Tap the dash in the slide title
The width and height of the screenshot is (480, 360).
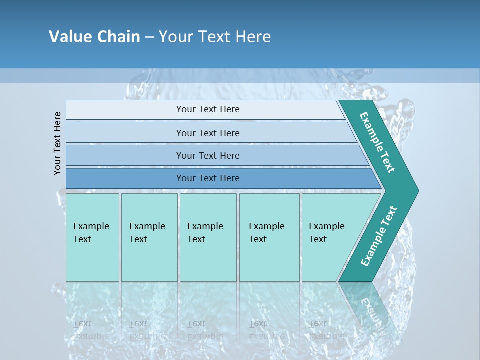[149, 37]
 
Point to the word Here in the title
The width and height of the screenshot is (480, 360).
[253, 37]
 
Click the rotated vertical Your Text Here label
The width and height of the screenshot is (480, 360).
[57, 143]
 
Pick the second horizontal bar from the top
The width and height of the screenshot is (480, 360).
[207, 133]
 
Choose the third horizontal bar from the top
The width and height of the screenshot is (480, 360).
[207, 155]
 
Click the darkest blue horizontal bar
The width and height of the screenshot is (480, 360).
[207, 178]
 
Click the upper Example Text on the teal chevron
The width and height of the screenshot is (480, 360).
[377, 142]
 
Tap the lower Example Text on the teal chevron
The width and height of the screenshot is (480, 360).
[378, 236]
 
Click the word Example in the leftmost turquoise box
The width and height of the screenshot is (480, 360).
[91, 226]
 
